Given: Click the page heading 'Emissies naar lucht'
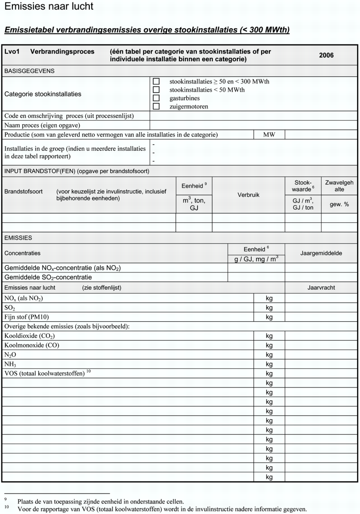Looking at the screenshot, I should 49,7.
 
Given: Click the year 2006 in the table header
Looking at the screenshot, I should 327,55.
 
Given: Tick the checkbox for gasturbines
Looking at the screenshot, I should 156,98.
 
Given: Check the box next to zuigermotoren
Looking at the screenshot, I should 156,106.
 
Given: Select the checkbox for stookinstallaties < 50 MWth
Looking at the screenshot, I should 156,90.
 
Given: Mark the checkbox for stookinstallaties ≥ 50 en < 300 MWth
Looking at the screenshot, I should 156,82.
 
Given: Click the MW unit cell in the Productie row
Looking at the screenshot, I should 269,135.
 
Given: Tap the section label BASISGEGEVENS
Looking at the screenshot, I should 30,71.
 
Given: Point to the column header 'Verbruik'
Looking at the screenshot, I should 248,195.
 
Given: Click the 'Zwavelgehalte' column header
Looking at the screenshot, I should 339,186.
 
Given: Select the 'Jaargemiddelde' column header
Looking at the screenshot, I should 321,253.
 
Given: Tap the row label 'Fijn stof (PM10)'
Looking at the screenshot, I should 26,317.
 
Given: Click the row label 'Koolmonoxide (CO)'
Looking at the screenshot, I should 32,345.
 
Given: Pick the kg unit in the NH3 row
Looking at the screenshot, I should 269,364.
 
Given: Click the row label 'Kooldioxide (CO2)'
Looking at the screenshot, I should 32,336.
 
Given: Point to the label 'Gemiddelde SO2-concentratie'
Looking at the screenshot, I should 48,277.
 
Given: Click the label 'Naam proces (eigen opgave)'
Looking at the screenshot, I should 42,125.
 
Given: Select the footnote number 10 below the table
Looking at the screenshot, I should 7,507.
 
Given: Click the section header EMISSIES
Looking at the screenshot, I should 18,238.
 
